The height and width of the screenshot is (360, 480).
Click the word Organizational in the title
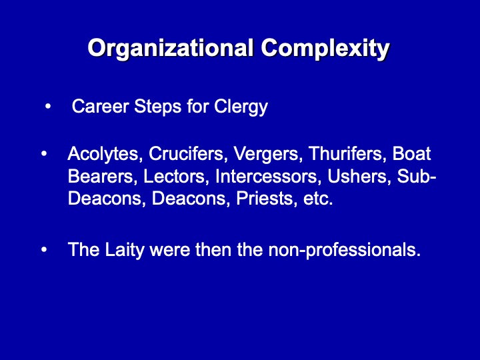click(171, 49)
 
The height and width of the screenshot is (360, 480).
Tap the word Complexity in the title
click(325, 49)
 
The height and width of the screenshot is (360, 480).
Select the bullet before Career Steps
click(47, 107)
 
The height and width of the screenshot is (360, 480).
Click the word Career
click(101, 107)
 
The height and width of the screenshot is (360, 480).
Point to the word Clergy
click(241, 107)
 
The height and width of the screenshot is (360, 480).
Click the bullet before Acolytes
click(44, 154)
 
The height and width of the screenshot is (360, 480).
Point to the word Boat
click(412, 153)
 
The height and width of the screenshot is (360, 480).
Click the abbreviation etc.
click(318, 199)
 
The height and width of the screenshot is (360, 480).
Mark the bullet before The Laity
click(44, 250)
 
